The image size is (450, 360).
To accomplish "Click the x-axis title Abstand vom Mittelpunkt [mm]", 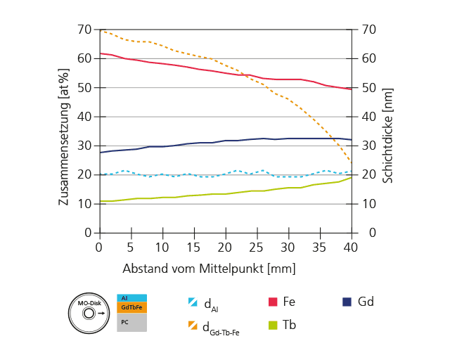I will tap(209, 269).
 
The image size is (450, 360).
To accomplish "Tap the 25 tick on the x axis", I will tap(257, 247).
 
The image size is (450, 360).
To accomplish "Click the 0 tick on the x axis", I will tap(99, 247).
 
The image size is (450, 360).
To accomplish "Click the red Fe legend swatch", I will tap(273, 302).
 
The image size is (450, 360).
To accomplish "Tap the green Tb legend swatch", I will tap(273, 326).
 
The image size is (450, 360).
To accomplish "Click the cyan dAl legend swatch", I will tap(193, 302).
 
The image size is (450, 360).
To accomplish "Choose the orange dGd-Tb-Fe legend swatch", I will tap(193, 326).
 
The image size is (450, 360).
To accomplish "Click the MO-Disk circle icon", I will tap(89, 313).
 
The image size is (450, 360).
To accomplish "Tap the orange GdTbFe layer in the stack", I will tap(131, 307).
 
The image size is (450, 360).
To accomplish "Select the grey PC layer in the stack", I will tap(131, 322).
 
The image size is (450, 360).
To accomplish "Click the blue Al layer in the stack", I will tap(131, 298).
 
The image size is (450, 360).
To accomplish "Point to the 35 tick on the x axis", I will tap(320, 247).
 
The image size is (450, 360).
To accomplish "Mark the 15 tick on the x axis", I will tap(193, 247).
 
